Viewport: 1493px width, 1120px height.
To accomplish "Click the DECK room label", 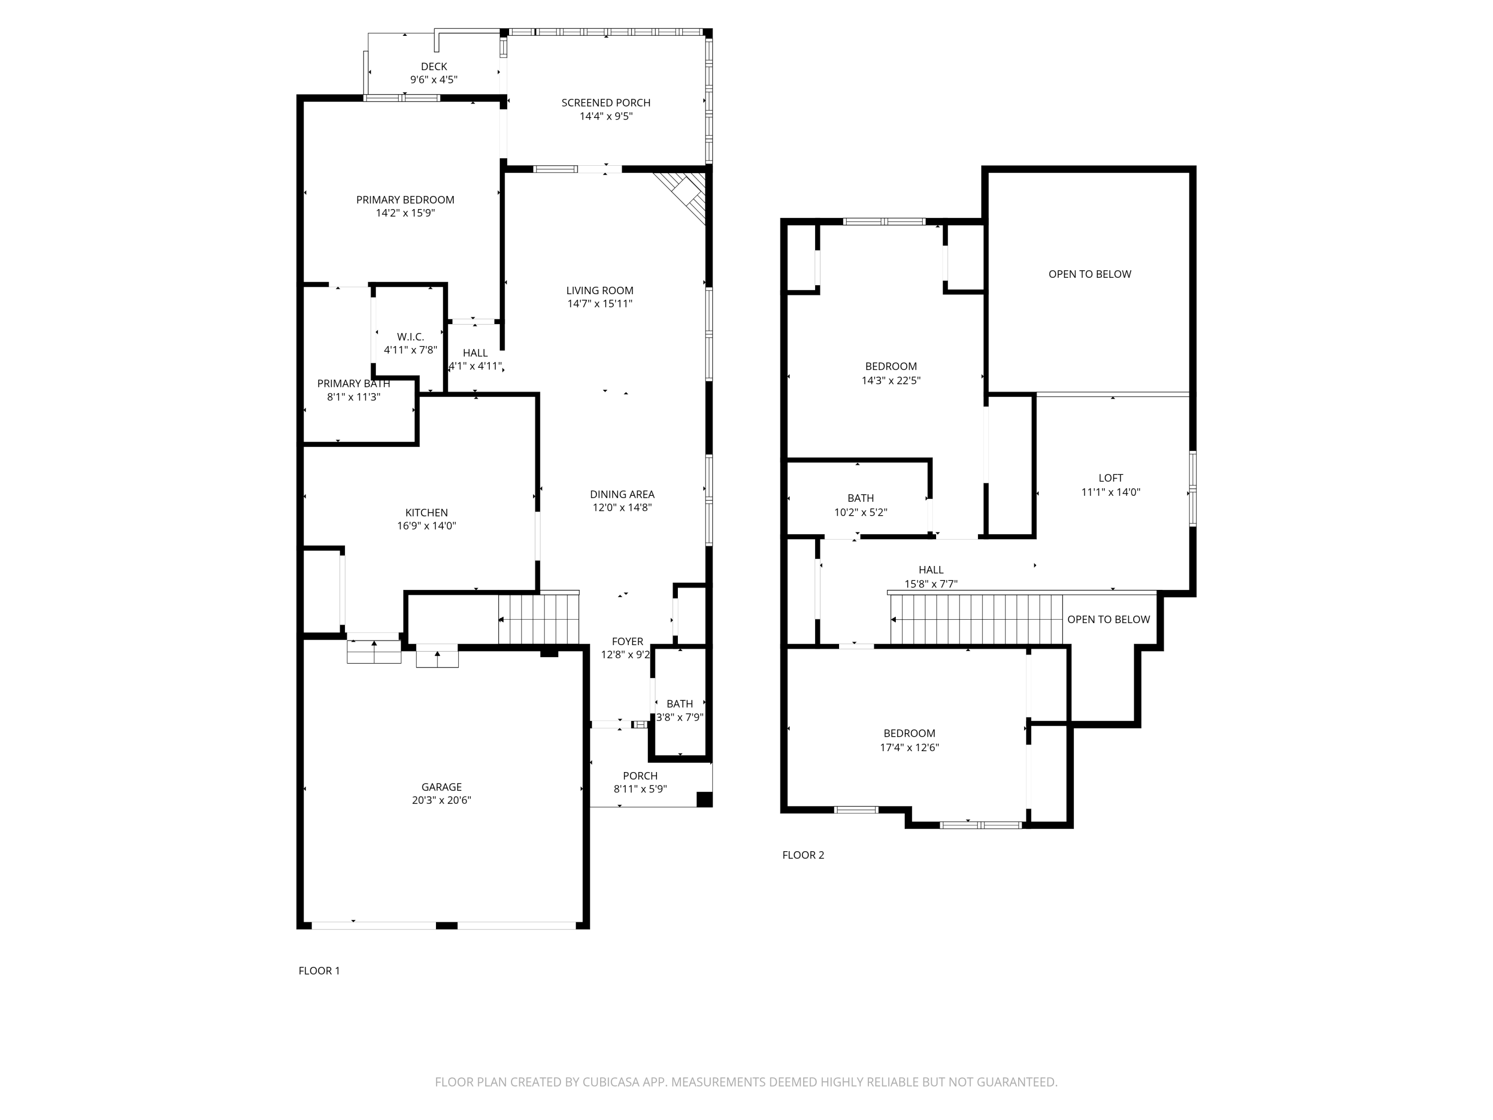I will tap(433, 66).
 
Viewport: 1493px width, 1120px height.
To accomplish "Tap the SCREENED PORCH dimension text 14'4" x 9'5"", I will tap(606, 116).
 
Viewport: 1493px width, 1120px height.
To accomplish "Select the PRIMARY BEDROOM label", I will tap(405, 200).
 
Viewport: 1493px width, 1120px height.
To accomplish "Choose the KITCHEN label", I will tap(426, 512).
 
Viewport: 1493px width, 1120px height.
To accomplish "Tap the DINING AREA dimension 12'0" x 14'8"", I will tap(622, 508).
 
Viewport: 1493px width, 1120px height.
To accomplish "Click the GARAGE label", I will tap(441, 786).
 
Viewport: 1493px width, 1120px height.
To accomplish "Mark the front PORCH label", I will tap(640, 776).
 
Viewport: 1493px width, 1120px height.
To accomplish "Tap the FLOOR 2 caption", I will tap(803, 855).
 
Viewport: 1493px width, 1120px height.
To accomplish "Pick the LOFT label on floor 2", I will tap(1110, 478).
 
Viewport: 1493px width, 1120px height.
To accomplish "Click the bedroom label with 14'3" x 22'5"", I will tap(890, 366).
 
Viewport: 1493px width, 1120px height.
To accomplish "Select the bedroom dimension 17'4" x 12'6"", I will tap(909, 747).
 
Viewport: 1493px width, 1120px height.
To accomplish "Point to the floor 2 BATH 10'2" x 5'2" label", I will tap(860, 498).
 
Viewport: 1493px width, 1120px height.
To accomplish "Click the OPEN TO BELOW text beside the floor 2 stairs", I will tap(1108, 619).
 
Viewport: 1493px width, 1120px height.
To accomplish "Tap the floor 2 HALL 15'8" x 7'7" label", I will tap(931, 570).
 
